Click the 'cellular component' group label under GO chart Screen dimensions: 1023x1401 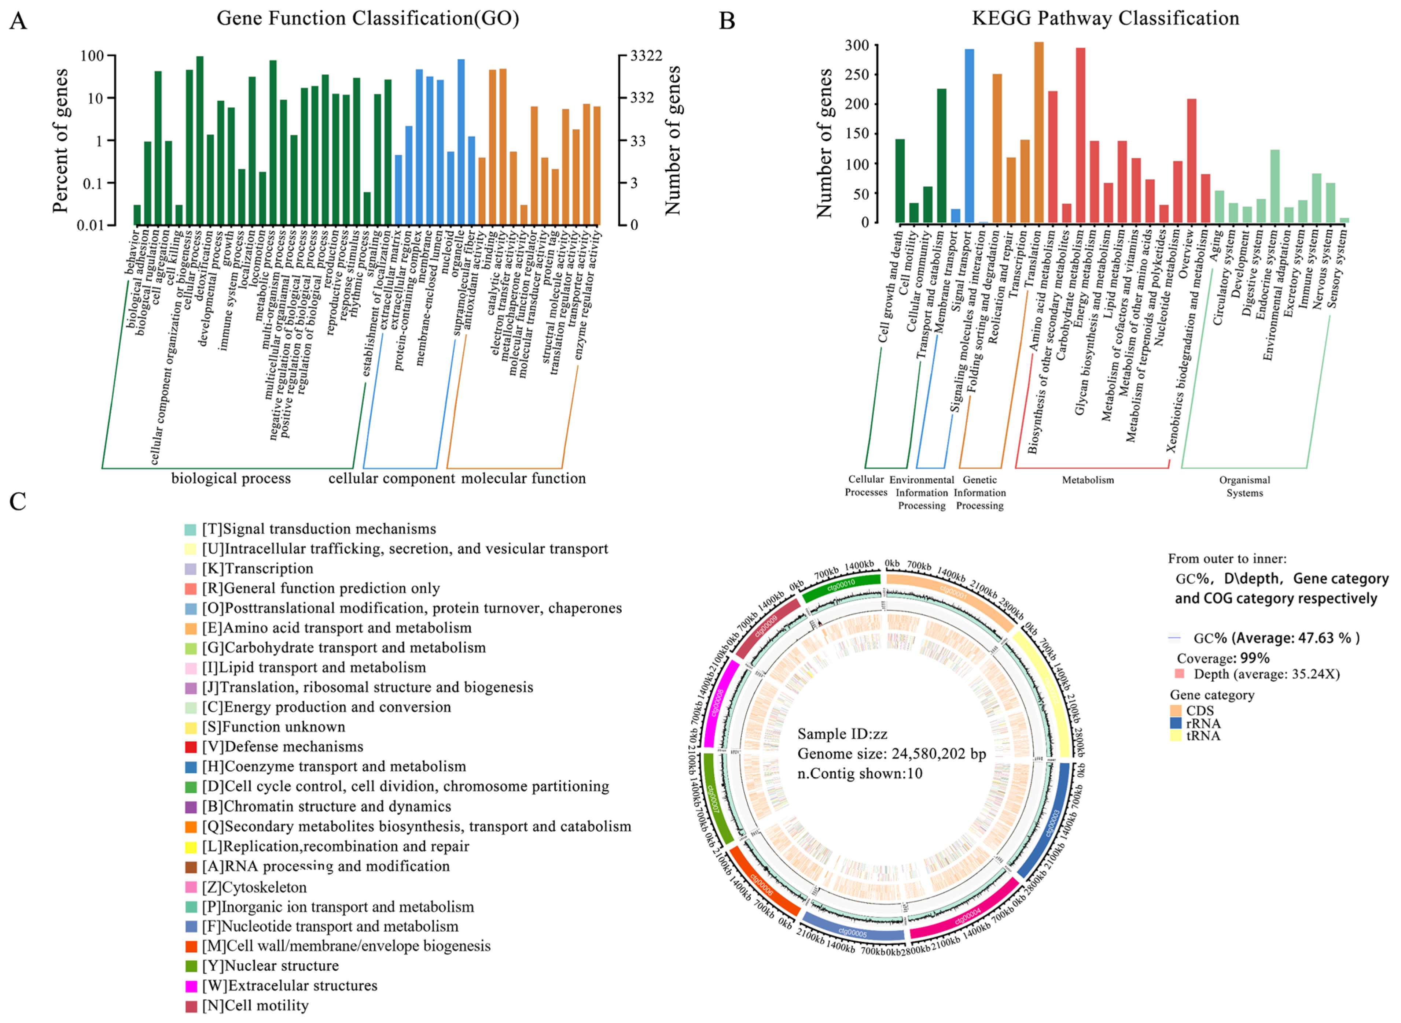pyautogui.click(x=391, y=478)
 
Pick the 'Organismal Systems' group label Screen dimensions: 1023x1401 pyautogui.click(x=1244, y=486)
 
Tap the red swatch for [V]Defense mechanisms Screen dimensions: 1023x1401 pyautogui.click(x=191, y=747)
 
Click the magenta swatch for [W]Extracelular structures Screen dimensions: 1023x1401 pyautogui.click(x=191, y=986)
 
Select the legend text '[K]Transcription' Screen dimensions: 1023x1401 pyautogui.click(x=257, y=568)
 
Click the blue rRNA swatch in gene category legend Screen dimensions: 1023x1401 pyautogui.click(x=1176, y=723)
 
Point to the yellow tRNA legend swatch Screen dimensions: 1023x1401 pyautogui.click(x=1176, y=736)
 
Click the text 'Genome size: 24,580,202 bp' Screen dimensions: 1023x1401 pyautogui.click(x=891, y=754)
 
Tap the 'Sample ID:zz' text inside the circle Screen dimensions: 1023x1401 pyautogui.click(x=842, y=734)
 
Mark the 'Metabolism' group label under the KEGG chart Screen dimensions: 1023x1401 pyautogui.click(x=1088, y=480)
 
